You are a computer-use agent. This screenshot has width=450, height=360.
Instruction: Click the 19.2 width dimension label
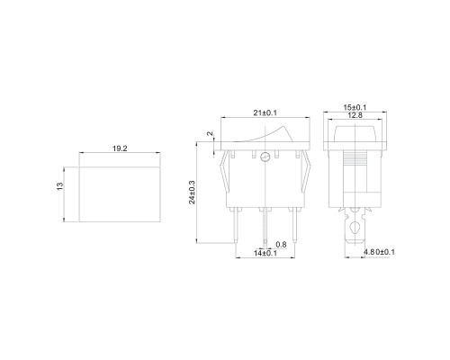tap(120, 148)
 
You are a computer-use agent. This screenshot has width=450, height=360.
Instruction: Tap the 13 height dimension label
tap(60, 186)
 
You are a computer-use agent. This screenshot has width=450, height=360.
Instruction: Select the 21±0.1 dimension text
tap(265, 112)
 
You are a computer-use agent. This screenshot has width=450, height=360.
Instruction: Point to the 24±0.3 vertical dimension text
tap(192, 193)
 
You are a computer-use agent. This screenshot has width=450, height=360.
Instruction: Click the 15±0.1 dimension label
tap(355, 107)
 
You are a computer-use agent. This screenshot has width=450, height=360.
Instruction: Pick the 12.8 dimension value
tap(355, 115)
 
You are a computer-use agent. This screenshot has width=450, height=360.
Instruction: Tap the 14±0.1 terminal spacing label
tap(265, 253)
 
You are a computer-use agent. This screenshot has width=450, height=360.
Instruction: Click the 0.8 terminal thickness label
tap(281, 245)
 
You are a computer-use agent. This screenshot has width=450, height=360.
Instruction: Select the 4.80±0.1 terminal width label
tap(379, 252)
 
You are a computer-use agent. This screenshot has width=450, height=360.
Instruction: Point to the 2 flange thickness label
tap(211, 133)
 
